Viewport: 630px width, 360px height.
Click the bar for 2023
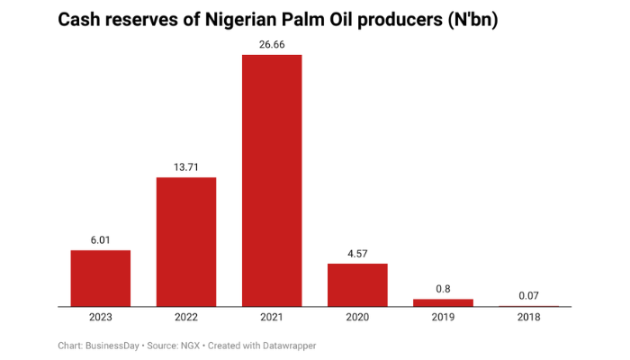point(101,278)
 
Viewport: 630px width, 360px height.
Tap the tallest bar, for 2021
point(272,180)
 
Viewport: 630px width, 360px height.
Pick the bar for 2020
point(357,284)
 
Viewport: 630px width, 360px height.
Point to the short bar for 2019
point(443,302)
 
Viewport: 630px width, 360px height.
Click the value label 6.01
point(101,239)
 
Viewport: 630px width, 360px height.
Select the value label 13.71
point(186,166)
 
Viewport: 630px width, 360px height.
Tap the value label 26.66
point(272,44)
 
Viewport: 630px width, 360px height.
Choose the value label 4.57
point(357,253)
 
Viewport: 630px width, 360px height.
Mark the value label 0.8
point(443,288)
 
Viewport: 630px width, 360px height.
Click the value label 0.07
point(528,295)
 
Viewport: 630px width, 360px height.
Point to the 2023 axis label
point(101,318)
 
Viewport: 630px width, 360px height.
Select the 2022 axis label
point(186,318)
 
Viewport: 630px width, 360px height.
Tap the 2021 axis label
point(272,318)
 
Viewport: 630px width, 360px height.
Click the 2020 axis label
point(357,318)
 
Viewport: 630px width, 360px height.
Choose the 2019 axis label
point(443,318)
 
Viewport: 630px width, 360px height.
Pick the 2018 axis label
point(528,318)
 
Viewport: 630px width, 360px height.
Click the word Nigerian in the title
point(237,20)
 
